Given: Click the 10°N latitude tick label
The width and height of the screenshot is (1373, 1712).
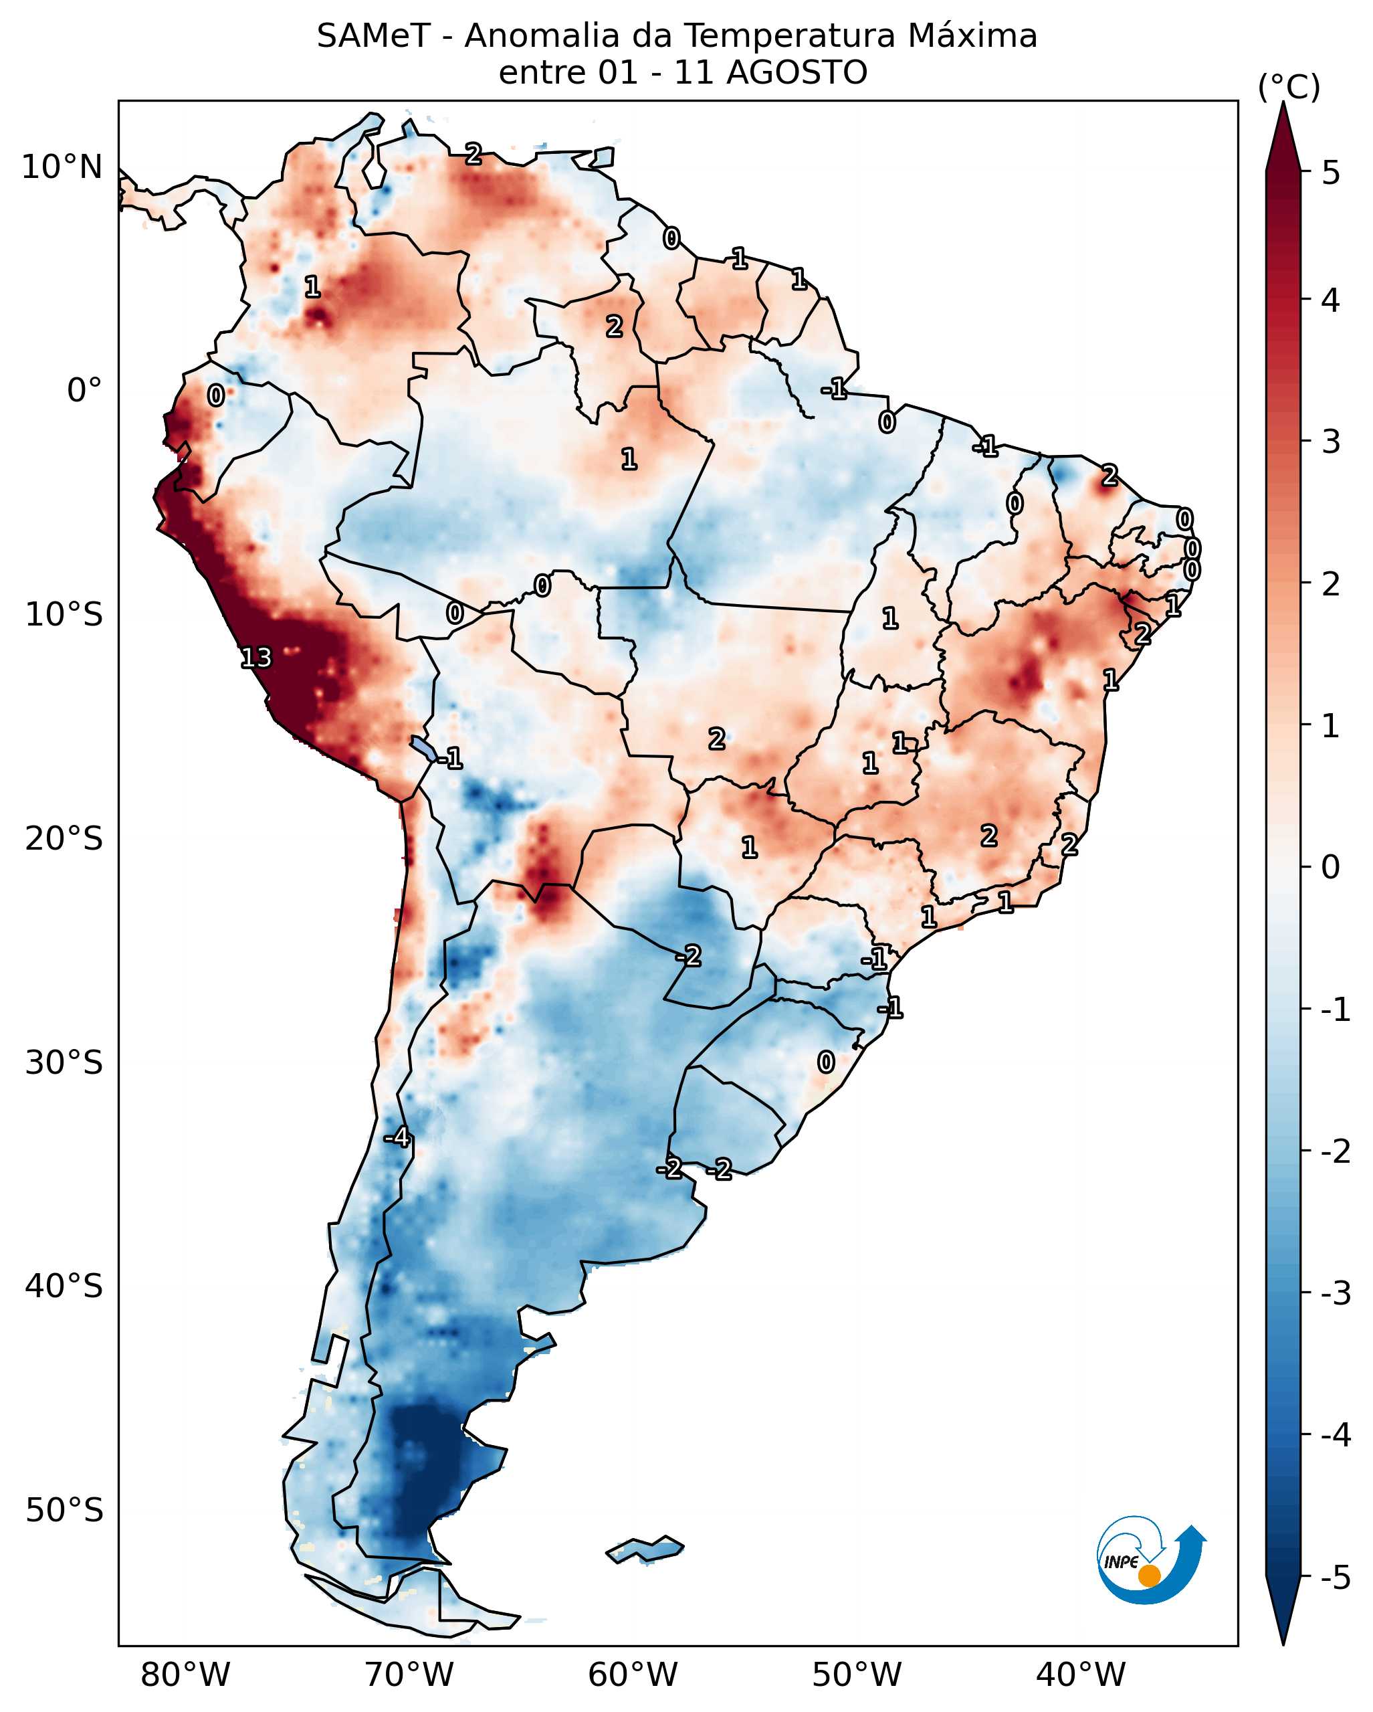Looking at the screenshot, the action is point(62,167).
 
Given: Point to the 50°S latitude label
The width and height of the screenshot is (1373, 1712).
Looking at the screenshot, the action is point(64,1511).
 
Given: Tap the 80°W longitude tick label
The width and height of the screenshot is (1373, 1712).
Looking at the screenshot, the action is point(185,1675).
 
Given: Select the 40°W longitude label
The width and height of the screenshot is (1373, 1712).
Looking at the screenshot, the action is point(1080,1675).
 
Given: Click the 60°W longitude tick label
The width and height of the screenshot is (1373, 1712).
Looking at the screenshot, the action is point(633,1675).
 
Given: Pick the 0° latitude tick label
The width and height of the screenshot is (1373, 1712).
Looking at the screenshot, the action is point(85,391).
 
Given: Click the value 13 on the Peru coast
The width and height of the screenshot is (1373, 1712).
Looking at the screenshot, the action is point(256,658).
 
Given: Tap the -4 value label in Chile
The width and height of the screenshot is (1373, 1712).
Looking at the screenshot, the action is point(397,1138).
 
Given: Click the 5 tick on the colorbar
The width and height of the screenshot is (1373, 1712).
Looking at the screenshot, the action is point(1331,173).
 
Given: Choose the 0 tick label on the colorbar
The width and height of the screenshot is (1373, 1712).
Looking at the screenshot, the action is point(1331,866).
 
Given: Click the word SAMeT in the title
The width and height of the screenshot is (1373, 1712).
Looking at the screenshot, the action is point(373,37).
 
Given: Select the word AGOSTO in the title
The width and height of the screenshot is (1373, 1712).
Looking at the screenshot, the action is point(796,73).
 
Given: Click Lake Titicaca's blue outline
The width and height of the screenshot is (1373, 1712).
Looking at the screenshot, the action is point(424,747).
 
